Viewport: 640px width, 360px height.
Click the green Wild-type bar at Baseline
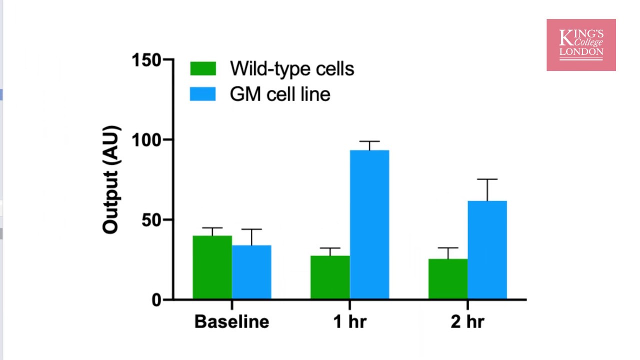pyautogui.click(x=212, y=267)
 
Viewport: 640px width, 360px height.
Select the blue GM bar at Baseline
pyautogui.click(x=251, y=272)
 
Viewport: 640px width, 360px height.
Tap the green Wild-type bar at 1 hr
pyautogui.click(x=330, y=277)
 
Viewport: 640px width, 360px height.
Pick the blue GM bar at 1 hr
pyautogui.click(x=369, y=224)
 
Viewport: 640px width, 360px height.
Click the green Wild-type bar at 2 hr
pyautogui.click(x=448, y=279)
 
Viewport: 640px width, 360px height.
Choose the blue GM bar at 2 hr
pyautogui.click(x=487, y=250)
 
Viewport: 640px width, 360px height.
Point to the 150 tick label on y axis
pyautogui.click(x=146, y=60)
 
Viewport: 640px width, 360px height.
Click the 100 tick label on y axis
pyautogui.click(x=146, y=140)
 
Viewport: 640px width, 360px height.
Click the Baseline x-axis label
pyautogui.click(x=231, y=321)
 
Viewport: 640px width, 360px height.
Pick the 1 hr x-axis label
pyautogui.click(x=349, y=321)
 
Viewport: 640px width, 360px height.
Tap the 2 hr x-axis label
pyautogui.click(x=467, y=321)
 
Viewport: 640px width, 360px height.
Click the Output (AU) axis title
pyautogui.click(x=111, y=179)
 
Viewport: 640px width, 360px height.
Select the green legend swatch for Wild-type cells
pyautogui.click(x=203, y=68)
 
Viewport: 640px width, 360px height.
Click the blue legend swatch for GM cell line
pyautogui.click(x=203, y=94)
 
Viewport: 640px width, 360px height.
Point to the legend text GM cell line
pyautogui.click(x=280, y=94)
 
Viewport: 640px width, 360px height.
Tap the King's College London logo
pyautogui.click(x=581, y=45)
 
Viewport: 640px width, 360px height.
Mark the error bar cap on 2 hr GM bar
pyautogui.click(x=487, y=179)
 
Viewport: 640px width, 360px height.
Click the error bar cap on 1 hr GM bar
pyautogui.click(x=369, y=141)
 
